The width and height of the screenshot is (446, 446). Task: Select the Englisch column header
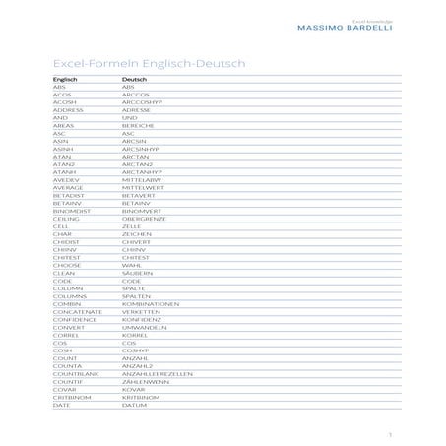[67, 79]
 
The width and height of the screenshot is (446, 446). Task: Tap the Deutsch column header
[135, 79]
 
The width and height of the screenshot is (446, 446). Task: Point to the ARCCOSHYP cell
[146, 100]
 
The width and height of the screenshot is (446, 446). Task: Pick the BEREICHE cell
[139, 125]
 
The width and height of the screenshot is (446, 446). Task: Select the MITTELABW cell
[142, 181]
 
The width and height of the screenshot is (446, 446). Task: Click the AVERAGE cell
[69, 189]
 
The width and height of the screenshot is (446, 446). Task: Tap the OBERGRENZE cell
[144, 218]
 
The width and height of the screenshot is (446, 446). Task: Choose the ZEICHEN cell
[137, 233]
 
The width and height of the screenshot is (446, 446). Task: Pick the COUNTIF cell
[69, 384]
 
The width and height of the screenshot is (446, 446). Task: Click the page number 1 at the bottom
[390, 431]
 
